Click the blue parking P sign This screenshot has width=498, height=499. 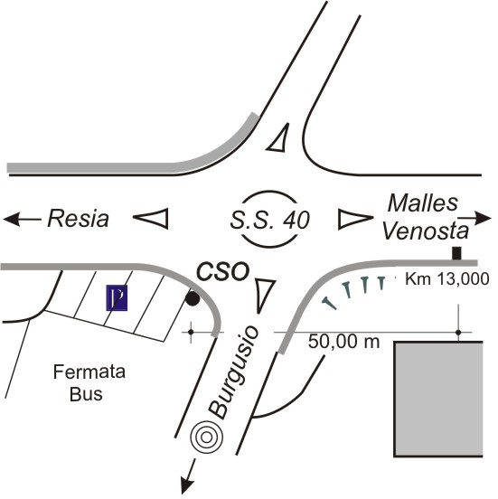pyautogui.click(x=117, y=298)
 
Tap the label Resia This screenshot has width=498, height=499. pyautogui.click(x=79, y=219)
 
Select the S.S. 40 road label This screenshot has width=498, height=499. pyautogui.click(x=270, y=220)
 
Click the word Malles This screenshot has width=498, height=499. pyautogui.click(x=423, y=203)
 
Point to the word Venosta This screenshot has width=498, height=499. pyautogui.click(x=426, y=231)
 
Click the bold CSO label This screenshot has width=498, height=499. pyautogui.click(x=222, y=271)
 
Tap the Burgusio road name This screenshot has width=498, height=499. pyautogui.click(x=234, y=372)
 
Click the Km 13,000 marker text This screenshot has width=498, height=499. pyautogui.click(x=447, y=279)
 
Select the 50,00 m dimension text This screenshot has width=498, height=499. pyautogui.click(x=344, y=342)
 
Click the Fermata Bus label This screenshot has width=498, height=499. pyautogui.click(x=89, y=383)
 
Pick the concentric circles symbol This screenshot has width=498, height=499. pyautogui.click(x=206, y=438)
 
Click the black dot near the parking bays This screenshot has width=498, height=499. pyautogui.click(x=193, y=298)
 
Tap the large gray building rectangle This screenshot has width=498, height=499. pyautogui.click(x=438, y=399)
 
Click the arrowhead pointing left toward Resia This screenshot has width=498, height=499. pyautogui.click(x=12, y=220)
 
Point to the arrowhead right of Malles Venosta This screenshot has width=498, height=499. pyautogui.click(x=484, y=218)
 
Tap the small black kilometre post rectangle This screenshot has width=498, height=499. pyautogui.click(x=457, y=253)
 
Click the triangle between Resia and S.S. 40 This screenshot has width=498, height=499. pyautogui.click(x=152, y=219)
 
